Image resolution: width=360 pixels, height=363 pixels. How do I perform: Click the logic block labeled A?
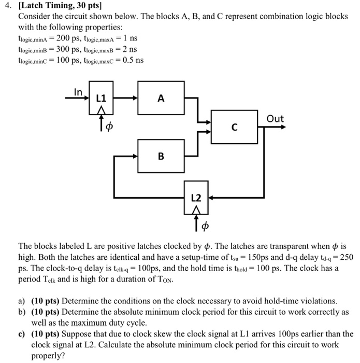[161, 98]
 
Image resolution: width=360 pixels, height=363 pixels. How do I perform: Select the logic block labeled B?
[161, 155]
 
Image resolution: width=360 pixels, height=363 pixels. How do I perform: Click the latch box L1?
[102, 98]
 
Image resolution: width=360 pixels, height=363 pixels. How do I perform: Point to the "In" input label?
[78, 92]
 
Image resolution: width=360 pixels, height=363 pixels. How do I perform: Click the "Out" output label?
[275, 119]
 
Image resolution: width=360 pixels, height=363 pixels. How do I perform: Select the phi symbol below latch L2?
[204, 226]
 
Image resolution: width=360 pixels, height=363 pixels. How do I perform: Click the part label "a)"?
[22, 301]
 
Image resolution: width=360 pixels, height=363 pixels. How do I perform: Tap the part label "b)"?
[22, 312]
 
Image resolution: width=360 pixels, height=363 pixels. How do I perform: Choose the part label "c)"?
[22, 334]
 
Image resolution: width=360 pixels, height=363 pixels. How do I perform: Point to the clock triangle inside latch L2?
[196, 208]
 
